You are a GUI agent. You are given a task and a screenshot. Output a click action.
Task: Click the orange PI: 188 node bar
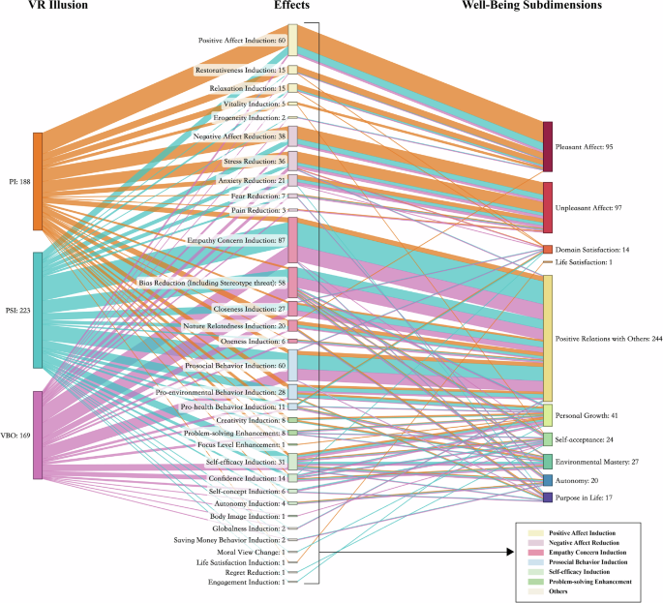click(38, 181)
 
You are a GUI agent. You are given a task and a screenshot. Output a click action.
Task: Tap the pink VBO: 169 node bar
click(38, 435)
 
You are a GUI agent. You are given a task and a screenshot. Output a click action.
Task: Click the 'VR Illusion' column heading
click(41, 6)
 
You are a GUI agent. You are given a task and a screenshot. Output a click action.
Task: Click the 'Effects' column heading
click(292, 6)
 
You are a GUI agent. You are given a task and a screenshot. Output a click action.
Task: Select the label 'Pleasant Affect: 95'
click(590, 147)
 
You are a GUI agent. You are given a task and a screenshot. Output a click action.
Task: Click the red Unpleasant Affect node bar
click(548, 207)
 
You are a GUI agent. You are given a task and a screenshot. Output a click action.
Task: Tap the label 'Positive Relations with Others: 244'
click(608, 339)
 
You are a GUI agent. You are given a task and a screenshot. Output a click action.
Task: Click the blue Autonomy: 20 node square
click(548, 480)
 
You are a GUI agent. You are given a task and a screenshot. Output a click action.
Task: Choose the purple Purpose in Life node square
click(548, 497)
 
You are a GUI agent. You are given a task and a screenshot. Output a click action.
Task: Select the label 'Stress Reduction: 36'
click(255, 161)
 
